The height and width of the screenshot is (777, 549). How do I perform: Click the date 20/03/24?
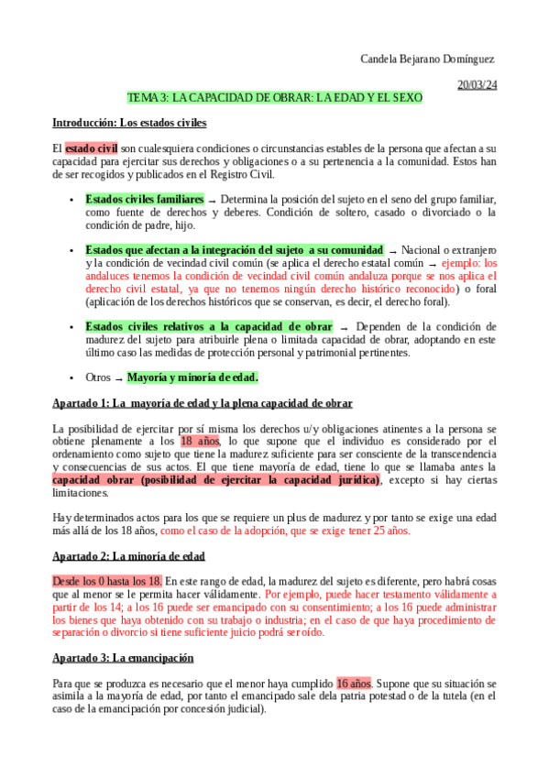[x=478, y=84]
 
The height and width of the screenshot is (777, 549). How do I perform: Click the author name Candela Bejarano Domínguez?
[x=429, y=59]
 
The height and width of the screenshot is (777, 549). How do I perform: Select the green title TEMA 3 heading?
[x=274, y=98]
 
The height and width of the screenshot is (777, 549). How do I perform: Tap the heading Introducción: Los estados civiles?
[x=129, y=122]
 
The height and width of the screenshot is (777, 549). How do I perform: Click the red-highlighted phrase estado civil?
[x=91, y=148]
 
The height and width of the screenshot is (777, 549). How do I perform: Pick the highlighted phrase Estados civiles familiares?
[x=145, y=199]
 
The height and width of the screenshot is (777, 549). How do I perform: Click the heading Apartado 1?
[x=203, y=403]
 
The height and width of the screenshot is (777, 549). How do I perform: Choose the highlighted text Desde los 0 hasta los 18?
[x=107, y=581]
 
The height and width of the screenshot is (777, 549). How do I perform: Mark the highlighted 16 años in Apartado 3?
[x=353, y=683]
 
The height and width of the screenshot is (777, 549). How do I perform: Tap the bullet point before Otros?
[x=72, y=378]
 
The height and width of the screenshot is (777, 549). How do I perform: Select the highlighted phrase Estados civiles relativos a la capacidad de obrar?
[x=209, y=326]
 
